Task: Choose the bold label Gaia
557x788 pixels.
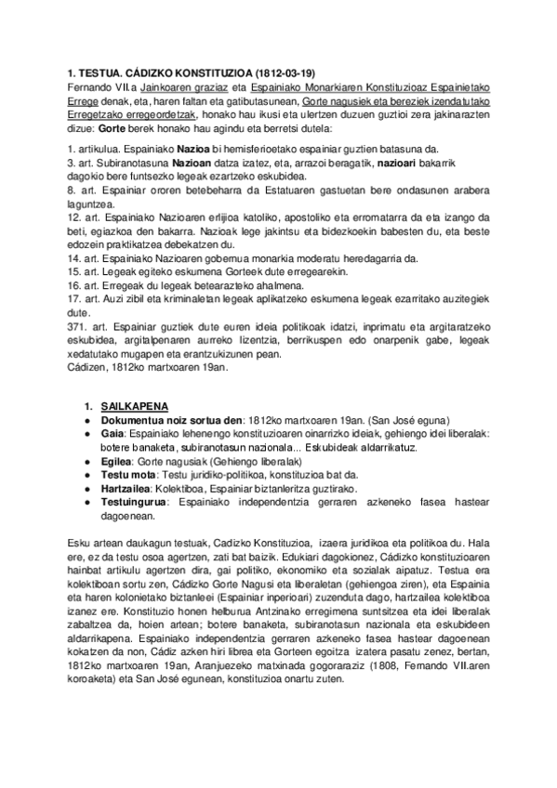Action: pos(112,409)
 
